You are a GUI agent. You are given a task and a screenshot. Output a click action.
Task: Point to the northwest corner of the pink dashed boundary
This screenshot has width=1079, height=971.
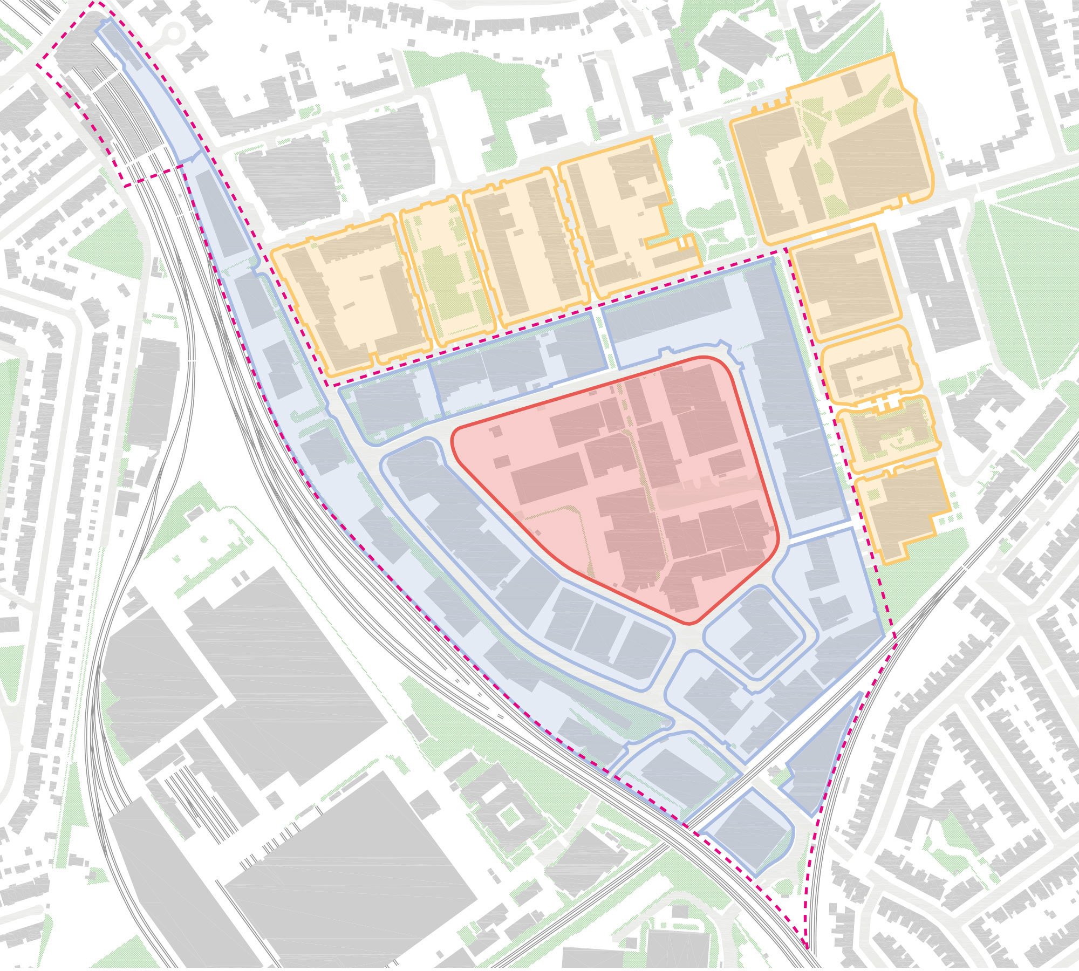coord(38,65)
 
